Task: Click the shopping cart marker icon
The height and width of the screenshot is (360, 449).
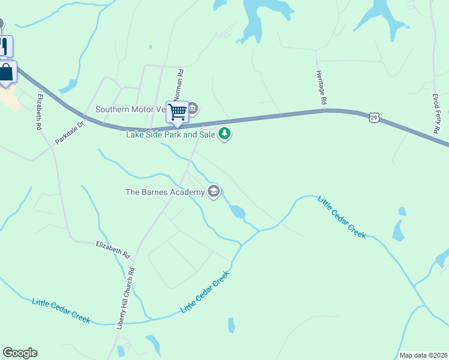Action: [x=177, y=112]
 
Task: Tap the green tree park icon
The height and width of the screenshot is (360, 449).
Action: [x=224, y=133]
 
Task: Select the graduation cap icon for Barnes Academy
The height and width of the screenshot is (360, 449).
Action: [x=213, y=192]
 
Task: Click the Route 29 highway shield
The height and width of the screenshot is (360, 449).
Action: [x=373, y=118]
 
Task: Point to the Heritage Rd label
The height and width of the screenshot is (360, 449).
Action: [x=321, y=88]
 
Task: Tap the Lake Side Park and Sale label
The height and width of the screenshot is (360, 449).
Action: [x=170, y=134]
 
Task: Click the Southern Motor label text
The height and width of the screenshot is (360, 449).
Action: [x=130, y=110]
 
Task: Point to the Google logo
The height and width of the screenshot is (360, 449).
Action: [x=20, y=353]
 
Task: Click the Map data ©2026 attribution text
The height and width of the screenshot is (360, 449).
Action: [x=423, y=355]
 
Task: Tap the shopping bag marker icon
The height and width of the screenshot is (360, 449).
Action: [x=7, y=73]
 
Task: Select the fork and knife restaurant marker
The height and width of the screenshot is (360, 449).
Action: [x=4, y=46]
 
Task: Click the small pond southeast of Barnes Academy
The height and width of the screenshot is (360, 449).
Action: [x=237, y=211]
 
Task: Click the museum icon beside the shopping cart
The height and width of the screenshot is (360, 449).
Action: [x=193, y=109]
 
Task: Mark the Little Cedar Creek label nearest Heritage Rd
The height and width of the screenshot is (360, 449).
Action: [x=342, y=217]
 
